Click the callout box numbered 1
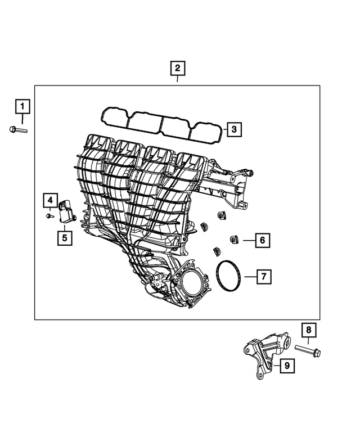[22, 106]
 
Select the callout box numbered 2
[177, 69]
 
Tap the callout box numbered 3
[235, 130]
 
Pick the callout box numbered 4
[49, 200]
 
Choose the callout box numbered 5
[65, 238]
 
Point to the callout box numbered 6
[262, 241]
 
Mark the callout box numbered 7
[264, 276]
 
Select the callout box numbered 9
[286, 366]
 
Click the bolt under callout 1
[18, 130]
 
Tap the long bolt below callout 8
[308, 353]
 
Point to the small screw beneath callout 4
[49, 215]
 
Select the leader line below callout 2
[177, 81]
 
